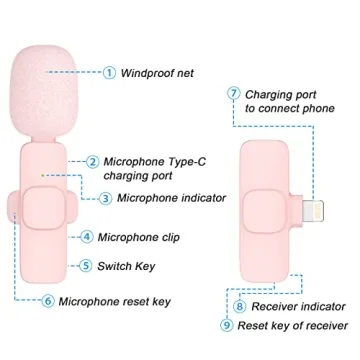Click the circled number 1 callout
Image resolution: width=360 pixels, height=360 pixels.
[110, 72]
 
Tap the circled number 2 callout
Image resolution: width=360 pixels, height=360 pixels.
[93, 161]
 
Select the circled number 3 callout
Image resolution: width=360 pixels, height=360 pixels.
[106, 197]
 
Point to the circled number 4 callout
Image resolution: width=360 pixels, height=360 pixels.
[87, 237]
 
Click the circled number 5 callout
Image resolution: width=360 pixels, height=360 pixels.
[87, 266]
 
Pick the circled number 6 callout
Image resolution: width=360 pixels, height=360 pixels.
[48, 301]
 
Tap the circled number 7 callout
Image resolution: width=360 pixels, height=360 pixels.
[234, 94]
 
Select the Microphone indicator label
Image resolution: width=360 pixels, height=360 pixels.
[171, 197]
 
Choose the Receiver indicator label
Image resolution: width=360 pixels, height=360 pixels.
[296, 307]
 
